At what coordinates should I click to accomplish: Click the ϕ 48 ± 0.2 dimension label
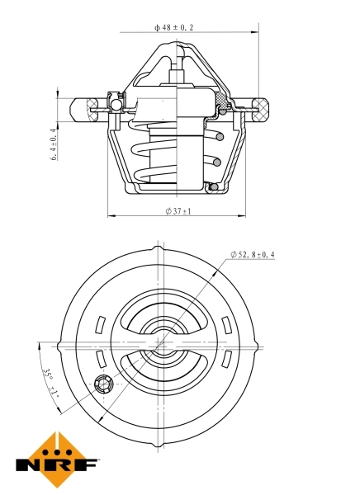[x=173, y=27]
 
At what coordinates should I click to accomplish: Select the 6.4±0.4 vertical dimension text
[x=54, y=144]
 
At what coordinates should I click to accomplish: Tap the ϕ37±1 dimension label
[x=178, y=211]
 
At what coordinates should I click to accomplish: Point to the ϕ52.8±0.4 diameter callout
[x=253, y=254]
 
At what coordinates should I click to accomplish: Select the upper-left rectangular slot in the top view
[x=100, y=324]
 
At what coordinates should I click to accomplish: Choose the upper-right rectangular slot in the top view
[x=227, y=325]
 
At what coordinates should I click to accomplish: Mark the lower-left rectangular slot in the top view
[x=101, y=359]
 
